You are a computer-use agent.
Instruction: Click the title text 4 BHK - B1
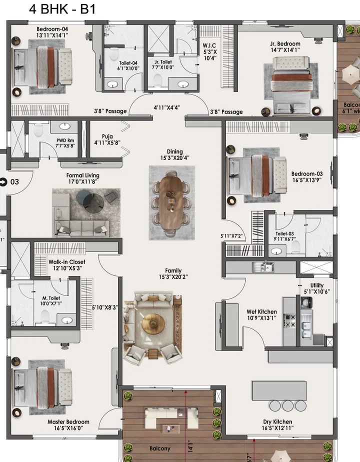point(62,9)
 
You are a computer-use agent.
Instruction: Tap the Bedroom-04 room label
point(52,29)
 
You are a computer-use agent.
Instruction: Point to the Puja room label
point(107,136)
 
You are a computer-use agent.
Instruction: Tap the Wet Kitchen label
point(261,312)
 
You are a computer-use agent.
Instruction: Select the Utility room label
point(317,285)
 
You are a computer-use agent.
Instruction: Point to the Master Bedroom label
point(68,422)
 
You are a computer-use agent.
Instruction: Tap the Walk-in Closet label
point(66,261)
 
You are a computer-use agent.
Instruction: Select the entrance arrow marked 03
point(4,181)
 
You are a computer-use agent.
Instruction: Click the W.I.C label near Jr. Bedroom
point(209,45)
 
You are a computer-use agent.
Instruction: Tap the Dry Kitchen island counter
point(280,389)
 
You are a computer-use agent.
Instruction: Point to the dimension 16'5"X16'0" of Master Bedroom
point(68,428)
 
